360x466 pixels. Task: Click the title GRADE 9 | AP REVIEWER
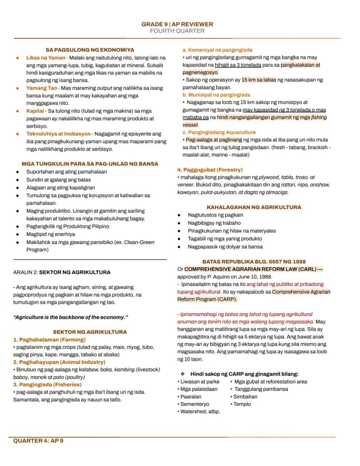(x=177, y=24)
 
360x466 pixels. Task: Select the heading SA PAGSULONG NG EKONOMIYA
(x=90, y=50)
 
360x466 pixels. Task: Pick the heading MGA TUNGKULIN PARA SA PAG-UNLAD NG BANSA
(x=90, y=164)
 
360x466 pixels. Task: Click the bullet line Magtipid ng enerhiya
(x=50, y=234)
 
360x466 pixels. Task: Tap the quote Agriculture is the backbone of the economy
(x=70, y=317)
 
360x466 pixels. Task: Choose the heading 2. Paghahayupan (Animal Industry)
(x=59, y=362)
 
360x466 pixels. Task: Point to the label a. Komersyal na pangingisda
(x=217, y=50)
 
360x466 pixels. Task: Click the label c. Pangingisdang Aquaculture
(x=219, y=132)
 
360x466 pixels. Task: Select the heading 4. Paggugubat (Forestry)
(x=210, y=170)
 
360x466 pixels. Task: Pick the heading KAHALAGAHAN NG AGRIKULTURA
(x=254, y=208)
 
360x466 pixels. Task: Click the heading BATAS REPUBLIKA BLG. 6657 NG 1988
(x=254, y=262)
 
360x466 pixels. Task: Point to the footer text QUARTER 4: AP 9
(x=38, y=441)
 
